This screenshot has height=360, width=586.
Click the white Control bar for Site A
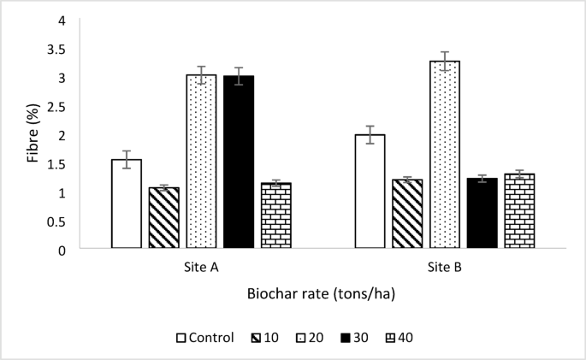click(126, 204)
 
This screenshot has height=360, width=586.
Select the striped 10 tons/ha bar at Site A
click(164, 218)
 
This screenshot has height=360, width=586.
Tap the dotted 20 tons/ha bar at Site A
click(201, 162)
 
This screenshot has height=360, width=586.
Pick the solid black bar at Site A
click(239, 162)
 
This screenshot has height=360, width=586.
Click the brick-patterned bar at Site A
click(276, 215)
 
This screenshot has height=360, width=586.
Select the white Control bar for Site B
click(370, 192)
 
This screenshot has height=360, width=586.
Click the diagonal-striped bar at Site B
click(407, 214)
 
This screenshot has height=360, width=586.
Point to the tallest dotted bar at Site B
click(444, 155)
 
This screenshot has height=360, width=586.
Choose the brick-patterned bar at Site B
click(519, 211)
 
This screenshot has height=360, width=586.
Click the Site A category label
click(201, 268)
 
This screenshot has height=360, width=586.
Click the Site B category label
click(445, 268)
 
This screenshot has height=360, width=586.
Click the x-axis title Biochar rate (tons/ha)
click(322, 294)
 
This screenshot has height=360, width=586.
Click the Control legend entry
click(205, 337)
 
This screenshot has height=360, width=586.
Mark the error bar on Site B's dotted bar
click(444, 61)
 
